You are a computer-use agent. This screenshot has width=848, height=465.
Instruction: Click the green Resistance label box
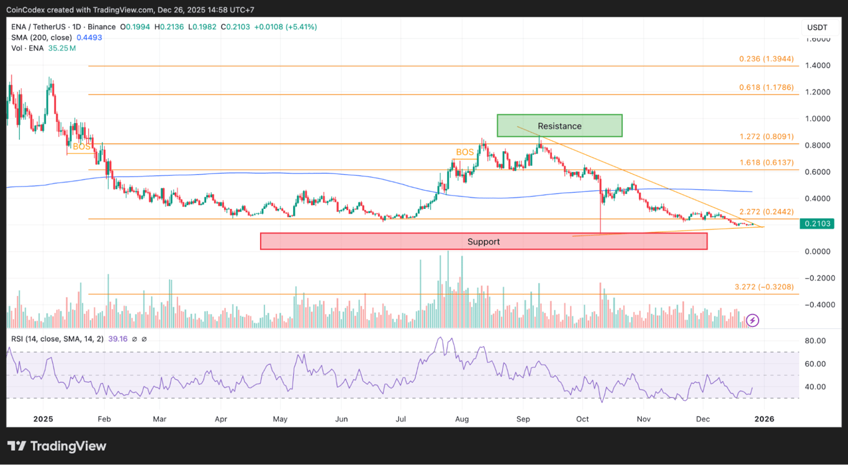click(x=559, y=126)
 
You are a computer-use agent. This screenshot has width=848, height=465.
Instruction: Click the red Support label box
click(x=483, y=241)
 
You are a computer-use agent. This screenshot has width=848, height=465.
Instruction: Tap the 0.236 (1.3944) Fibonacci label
click(x=766, y=58)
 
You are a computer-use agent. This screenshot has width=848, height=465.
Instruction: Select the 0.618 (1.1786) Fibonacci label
click(x=766, y=88)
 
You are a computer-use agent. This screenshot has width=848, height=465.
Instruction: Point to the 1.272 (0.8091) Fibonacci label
click(x=766, y=137)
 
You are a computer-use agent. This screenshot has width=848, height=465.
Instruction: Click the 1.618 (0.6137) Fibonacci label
click(x=766, y=162)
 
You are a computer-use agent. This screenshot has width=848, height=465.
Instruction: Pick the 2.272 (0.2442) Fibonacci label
click(x=766, y=212)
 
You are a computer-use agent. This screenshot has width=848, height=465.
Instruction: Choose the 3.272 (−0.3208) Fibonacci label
click(x=764, y=287)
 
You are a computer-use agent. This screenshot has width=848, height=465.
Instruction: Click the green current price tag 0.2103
click(x=817, y=223)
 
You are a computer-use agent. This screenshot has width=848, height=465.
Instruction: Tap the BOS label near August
click(x=465, y=152)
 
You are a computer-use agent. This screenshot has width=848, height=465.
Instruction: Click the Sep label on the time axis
click(x=523, y=419)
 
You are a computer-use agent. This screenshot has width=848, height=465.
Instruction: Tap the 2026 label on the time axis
click(x=764, y=419)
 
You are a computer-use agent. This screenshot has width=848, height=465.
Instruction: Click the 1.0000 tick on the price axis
click(x=817, y=119)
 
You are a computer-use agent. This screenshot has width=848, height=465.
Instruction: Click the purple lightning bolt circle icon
click(x=752, y=320)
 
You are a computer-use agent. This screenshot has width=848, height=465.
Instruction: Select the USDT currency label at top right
click(x=817, y=27)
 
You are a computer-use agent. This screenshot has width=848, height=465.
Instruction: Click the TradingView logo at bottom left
click(x=56, y=446)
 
